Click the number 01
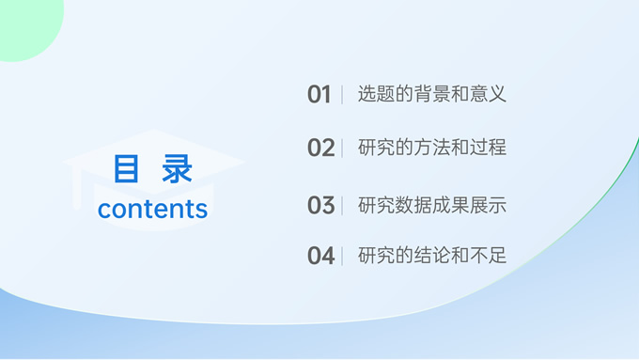tap(319, 94)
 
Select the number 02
tap(320, 148)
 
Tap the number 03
tap(320, 205)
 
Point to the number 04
tap(320, 256)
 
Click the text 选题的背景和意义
tap(432, 94)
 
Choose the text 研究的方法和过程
tap(432, 148)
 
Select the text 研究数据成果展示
tap(432, 205)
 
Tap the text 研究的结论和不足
tap(432, 256)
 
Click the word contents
tap(152, 209)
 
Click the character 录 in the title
tap(177, 170)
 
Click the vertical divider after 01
tap(342, 94)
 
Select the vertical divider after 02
tap(342, 148)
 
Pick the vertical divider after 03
tap(342, 205)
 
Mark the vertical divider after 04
tap(342, 256)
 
